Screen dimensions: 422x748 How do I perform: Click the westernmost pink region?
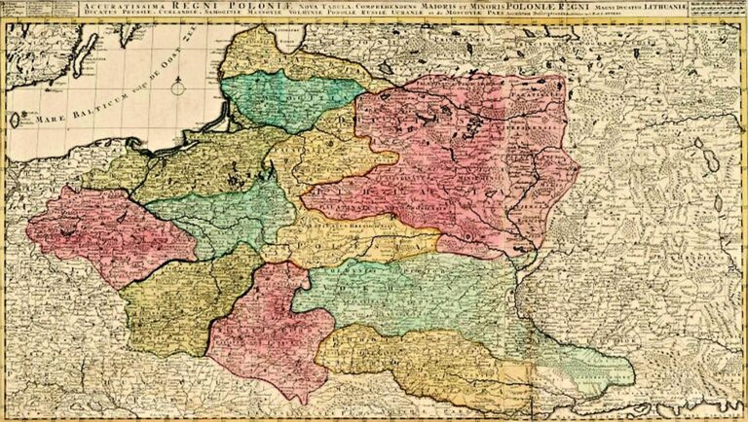[x=93, y=233]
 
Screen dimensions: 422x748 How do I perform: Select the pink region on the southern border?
[x=258, y=331]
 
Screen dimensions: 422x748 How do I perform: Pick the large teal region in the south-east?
[x=409, y=292]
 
